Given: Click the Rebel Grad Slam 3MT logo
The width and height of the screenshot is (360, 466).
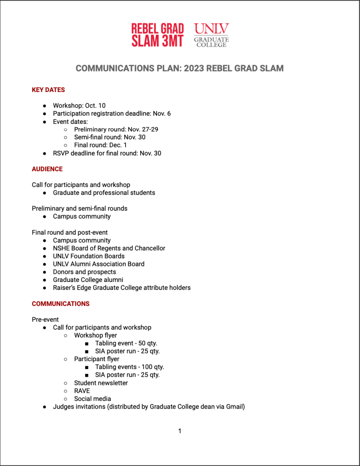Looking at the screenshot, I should (x=157, y=35).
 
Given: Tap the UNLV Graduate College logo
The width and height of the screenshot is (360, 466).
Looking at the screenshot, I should (x=211, y=35).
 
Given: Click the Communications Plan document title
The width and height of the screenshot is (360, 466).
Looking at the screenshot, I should (x=179, y=68).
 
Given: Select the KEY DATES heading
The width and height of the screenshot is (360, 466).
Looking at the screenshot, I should (x=48, y=90).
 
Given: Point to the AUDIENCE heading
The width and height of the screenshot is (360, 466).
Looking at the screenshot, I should (x=47, y=169).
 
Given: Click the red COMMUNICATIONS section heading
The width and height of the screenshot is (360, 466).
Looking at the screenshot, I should (x=61, y=304).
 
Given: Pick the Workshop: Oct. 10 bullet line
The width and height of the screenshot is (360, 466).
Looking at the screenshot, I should (x=79, y=106).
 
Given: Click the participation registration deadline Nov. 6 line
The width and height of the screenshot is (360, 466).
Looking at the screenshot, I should (x=112, y=113).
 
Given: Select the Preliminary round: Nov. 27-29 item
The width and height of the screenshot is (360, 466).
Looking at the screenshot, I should (x=116, y=129).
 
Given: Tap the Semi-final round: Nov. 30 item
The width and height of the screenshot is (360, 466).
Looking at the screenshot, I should (x=110, y=137).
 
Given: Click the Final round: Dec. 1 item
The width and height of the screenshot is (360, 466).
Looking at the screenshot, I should (x=101, y=145).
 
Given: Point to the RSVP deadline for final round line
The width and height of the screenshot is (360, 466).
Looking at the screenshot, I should (x=107, y=153).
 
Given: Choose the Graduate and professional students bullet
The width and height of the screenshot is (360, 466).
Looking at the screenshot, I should (x=104, y=193).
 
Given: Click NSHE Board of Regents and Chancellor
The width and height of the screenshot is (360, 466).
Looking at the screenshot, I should (x=109, y=248).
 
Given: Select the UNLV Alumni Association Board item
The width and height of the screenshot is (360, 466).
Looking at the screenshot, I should (x=98, y=264).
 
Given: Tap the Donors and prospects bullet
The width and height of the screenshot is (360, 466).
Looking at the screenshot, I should (x=84, y=272).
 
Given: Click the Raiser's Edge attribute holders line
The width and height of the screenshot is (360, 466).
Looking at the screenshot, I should (x=122, y=288).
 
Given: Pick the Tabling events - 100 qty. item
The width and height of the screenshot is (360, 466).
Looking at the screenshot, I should (x=129, y=367).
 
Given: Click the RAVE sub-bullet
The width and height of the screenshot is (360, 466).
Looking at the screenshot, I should (x=82, y=391).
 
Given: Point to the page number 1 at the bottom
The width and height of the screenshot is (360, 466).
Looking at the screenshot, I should (x=180, y=431).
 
